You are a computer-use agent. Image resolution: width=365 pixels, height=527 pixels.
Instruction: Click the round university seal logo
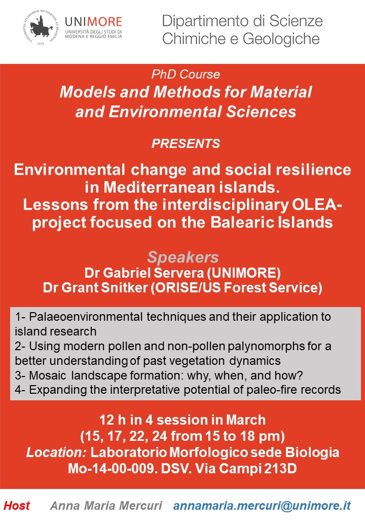(x=42, y=28)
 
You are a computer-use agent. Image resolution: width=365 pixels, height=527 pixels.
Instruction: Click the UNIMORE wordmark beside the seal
(x=93, y=22)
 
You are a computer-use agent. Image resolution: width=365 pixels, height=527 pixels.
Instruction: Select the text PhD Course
(x=186, y=74)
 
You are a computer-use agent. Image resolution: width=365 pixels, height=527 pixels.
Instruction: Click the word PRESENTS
(x=186, y=143)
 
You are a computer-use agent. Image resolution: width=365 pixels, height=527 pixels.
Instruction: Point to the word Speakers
(x=182, y=256)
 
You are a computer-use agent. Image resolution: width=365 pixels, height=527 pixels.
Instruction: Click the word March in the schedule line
(x=247, y=420)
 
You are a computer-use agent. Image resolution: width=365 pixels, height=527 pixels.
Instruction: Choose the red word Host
(x=17, y=506)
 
